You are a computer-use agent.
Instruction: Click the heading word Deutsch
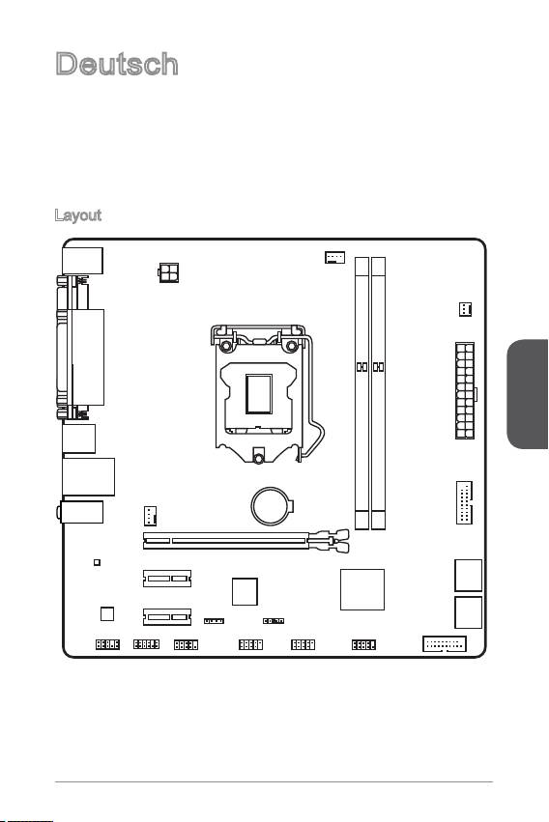pyautogui.click(x=116, y=64)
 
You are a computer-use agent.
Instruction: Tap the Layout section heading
pyautogui.click(x=78, y=215)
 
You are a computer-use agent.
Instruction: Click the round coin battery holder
pyautogui.click(x=272, y=506)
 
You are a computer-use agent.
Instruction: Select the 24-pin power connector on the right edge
pyautogui.click(x=465, y=390)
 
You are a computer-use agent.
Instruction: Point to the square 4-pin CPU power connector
pyautogui.click(x=168, y=272)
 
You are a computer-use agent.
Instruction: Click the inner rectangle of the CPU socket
pyautogui.click(x=259, y=394)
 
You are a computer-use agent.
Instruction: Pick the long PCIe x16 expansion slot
pyautogui.click(x=246, y=541)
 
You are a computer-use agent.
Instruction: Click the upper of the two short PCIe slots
pyautogui.click(x=167, y=579)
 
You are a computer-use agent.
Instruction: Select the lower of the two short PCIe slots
pyautogui.click(x=167, y=616)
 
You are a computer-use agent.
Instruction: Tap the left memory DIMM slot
pyautogui.click(x=361, y=393)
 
